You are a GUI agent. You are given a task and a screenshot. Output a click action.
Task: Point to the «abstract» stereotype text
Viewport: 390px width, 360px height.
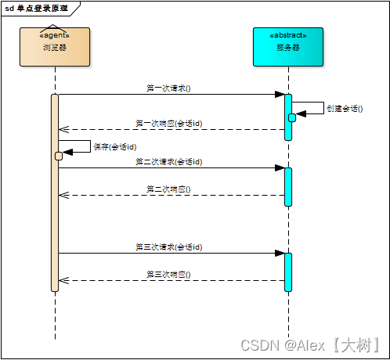(287, 35)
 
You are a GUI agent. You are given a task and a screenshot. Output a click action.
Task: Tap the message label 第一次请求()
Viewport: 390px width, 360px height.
(168, 88)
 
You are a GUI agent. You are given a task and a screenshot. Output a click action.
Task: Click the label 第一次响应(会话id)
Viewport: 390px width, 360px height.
(168, 123)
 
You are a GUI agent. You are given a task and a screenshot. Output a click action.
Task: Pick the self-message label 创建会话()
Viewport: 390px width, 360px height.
(345, 109)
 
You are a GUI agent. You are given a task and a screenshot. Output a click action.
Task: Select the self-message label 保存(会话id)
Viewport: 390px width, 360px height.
(115, 146)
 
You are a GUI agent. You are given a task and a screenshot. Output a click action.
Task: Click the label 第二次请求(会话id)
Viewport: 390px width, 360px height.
(168, 161)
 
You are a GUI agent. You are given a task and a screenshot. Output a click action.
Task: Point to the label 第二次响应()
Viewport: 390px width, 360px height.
(168, 189)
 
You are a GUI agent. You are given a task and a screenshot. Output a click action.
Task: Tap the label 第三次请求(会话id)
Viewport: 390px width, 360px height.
(168, 247)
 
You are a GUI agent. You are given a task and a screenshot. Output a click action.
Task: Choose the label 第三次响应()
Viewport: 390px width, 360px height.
(168, 274)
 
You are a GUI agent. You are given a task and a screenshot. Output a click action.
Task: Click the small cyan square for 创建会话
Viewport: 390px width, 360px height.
(291, 117)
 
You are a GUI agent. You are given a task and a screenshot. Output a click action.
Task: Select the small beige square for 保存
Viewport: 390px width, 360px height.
(59, 156)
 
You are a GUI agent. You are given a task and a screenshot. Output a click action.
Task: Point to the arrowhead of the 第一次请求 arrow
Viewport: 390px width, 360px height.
(279, 95)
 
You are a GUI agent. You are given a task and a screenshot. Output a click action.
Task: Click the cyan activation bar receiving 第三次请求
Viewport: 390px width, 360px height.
(287, 272)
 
